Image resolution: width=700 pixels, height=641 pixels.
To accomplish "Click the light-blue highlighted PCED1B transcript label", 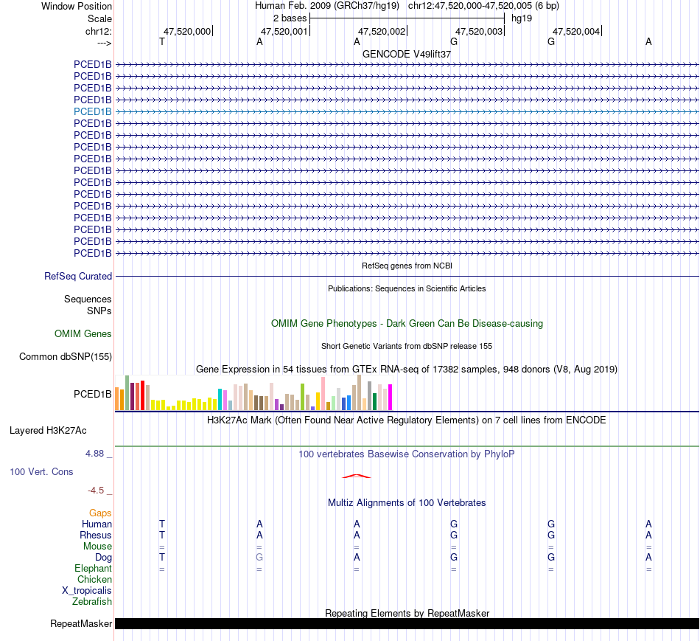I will coord(93,111).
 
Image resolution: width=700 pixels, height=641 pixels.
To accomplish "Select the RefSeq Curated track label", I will coord(78,276).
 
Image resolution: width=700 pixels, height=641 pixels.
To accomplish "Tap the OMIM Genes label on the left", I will coord(83,334).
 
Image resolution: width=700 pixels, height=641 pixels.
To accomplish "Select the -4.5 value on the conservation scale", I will coord(99,490).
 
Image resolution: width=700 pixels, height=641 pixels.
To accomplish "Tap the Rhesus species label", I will coord(96,535).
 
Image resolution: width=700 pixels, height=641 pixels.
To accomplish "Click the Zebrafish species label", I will coord(92,601).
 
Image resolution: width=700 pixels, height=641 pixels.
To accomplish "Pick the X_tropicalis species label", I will coord(87,590).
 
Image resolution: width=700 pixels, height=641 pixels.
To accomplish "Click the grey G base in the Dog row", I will coord(259,557).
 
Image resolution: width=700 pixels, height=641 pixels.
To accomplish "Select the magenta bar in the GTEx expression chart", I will coord(391,397).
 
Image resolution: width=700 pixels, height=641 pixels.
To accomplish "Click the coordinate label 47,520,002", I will coord(382,31).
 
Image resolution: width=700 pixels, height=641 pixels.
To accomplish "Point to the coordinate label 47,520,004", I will coord(576,31).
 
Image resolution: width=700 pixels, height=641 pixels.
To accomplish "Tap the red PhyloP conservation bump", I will coord(357,476).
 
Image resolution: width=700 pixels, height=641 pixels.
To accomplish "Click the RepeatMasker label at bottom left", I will coord(81,624).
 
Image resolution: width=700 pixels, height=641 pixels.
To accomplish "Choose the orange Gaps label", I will coord(100,513).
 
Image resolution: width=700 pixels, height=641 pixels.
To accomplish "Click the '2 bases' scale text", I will coord(290,17).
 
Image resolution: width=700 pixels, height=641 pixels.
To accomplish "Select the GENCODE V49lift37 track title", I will coord(407,54).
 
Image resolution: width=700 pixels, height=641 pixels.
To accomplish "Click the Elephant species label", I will coord(93,568).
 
